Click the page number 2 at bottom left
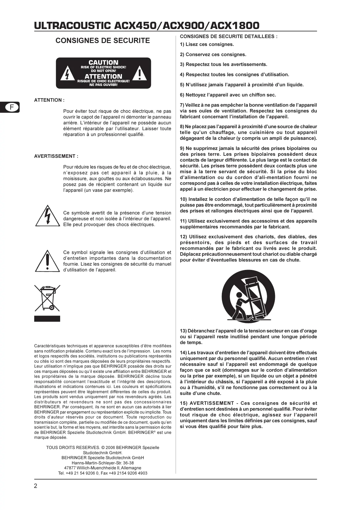tap(36, 486)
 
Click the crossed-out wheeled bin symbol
tap(47, 298)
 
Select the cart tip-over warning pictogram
tap(248, 296)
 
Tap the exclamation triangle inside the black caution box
tap(140, 74)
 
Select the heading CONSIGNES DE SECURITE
tap(103, 41)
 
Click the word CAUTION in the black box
tap(103, 62)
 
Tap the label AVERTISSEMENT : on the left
tap(56, 156)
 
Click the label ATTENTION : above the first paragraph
tap(49, 100)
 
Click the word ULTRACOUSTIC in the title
tap(73, 26)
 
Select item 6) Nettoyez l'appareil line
tap(228, 95)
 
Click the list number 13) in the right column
tap(183, 331)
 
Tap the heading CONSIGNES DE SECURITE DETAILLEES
tap(228, 37)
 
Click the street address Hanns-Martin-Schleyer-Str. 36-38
tap(103, 463)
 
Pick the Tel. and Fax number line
tap(103, 473)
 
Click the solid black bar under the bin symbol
tap(47, 318)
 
